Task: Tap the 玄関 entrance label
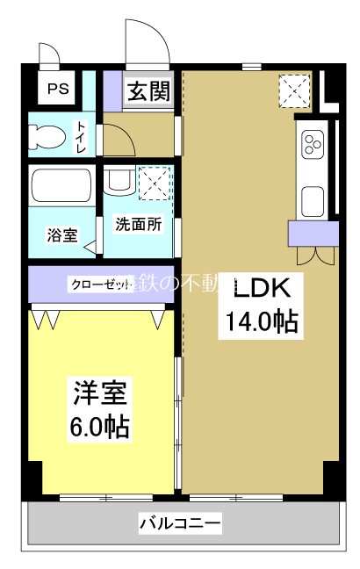tap(147, 91)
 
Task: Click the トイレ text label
tap(80, 137)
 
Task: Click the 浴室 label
tap(61, 234)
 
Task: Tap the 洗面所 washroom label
tap(139, 224)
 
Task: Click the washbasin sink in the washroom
tap(117, 183)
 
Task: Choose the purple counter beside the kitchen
tap(313, 233)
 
